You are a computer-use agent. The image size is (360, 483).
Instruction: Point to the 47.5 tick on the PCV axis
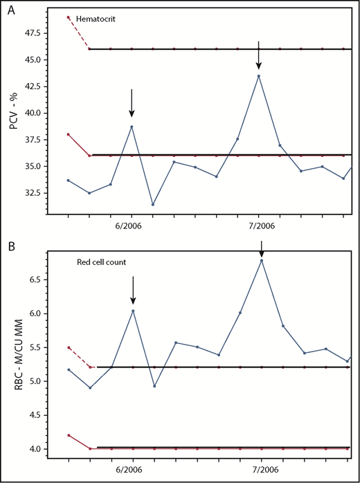click(40, 33)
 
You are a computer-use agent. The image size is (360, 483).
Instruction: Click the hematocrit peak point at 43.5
click(259, 76)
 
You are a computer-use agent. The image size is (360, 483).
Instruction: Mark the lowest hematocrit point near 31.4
click(153, 204)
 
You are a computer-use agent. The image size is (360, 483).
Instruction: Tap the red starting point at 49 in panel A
click(68, 17)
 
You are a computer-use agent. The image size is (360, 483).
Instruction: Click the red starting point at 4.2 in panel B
click(68, 435)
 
